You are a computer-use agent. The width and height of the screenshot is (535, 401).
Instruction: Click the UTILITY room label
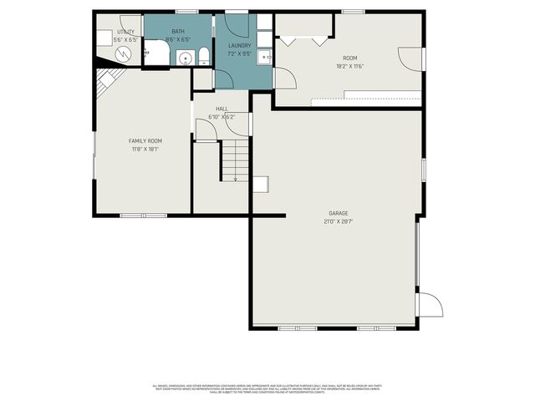tap(125, 32)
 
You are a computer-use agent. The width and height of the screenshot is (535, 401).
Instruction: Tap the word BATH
tap(178, 31)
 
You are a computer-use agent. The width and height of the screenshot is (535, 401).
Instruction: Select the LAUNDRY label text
tap(240, 45)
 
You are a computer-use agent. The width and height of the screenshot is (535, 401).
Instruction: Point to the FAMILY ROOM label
tap(145, 141)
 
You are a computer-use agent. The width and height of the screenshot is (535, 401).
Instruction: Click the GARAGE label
tap(338, 213)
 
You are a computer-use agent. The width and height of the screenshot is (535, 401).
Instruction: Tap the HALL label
tap(222, 109)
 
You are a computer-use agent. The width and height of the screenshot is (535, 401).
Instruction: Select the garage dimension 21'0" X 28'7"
tap(338, 221)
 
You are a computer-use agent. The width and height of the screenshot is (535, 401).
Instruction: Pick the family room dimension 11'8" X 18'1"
tap(145, 150)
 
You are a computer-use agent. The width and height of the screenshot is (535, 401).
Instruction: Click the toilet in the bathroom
tap(201, 56)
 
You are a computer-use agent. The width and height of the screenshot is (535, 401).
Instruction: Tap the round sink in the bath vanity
tap(185, 57)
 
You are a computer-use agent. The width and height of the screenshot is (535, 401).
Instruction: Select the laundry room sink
tap(263, 57)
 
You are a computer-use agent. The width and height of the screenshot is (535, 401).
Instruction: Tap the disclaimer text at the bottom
tap(266, 388)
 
